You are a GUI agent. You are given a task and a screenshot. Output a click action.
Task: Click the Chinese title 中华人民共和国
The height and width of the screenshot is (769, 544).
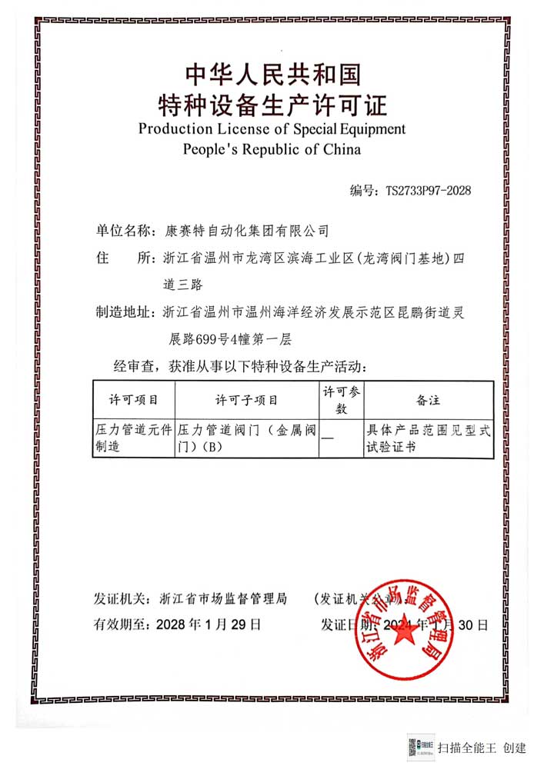pos(272,74)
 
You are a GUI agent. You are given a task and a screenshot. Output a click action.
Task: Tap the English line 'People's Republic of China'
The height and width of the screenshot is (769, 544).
pos(272,148)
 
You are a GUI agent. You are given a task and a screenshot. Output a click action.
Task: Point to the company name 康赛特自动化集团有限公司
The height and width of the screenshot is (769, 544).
pos(247,230)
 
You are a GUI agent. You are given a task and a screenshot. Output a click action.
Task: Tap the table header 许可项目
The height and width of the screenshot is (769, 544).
pos(134,400)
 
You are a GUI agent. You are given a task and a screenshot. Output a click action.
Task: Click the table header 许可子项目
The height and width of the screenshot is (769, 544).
pos(247,400)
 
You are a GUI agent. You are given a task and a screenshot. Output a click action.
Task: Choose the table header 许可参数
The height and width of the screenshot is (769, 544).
pos(341,400)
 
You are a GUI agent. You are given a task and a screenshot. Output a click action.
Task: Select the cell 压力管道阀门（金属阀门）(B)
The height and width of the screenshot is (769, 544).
pos(247,438)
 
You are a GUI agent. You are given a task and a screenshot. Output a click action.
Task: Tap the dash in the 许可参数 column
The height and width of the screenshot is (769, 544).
pos(328,438)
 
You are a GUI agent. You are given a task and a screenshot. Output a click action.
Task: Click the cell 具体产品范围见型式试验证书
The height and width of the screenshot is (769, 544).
pos(427,438)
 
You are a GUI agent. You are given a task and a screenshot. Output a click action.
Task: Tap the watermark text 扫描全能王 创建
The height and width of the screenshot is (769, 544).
pos(482,747)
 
